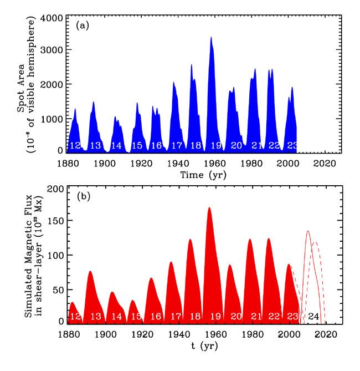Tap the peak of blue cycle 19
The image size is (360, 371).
coord(211,38)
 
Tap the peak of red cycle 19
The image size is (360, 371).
coord(209,208)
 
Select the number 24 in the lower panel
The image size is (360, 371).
coord(313,316)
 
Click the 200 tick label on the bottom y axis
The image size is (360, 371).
coord(54,190)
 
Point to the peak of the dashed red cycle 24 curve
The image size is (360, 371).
coord(315,242)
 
